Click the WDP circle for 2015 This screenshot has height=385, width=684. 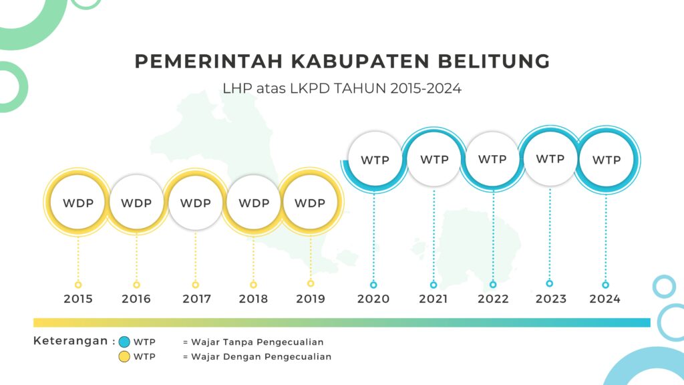click(x=78, y=203)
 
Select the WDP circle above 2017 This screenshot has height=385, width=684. click(x=196, y=203)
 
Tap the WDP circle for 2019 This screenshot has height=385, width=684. click(x=310, y=203)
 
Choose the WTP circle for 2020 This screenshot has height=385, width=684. click(x=375, y=160)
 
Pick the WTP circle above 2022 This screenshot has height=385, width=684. click(x=492, y=159)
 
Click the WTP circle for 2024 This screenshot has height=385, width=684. click(x=607, y=160)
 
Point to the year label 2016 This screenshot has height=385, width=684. click(x=136, y=299)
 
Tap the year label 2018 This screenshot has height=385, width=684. click(x=253, y=299)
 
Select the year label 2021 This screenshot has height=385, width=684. click(x=433, y=299)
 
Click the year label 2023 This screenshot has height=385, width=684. click(x=551, y=299)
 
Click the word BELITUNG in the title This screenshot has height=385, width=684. click(x=494, y=61)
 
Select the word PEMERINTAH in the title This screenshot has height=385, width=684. click(x=208, y=61)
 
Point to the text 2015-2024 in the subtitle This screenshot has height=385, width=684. click(x=425, y=89)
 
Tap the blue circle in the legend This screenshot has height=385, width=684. click(x=124, y=342)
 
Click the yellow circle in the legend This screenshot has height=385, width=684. click(x=124, y=357)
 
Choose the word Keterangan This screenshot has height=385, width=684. click(x=71, y=341)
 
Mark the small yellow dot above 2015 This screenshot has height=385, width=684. click(x=78, y=285)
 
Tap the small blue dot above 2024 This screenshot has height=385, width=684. click(x=605, y=285)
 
